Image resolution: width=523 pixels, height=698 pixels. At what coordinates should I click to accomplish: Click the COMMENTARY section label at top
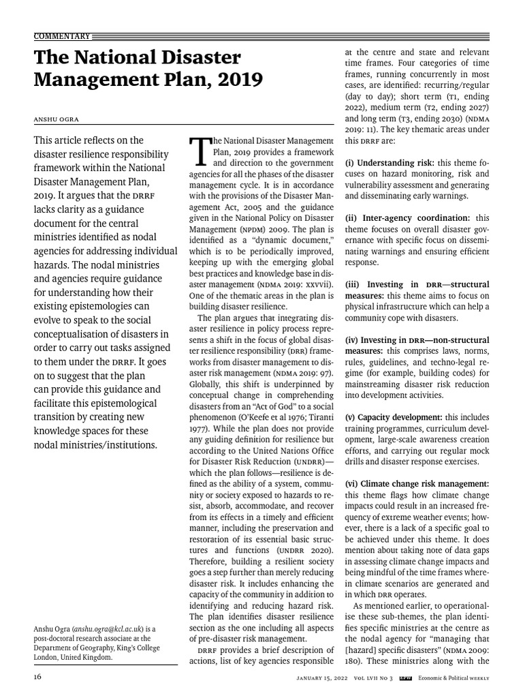click(x=61, y=35)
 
